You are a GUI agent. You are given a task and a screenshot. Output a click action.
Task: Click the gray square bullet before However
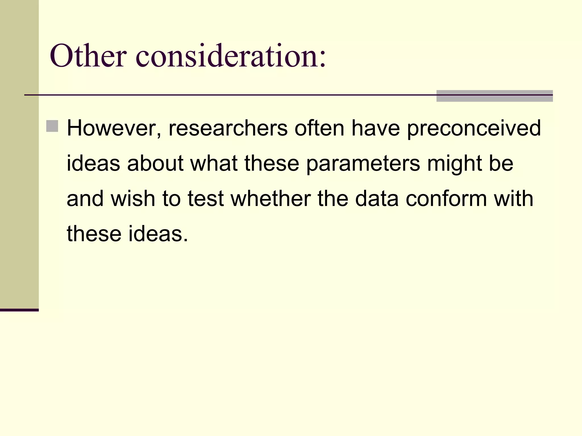pyautogui.click(x=52, y=126)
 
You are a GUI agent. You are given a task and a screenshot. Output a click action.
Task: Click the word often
pyautogui.click(x=319, y=128)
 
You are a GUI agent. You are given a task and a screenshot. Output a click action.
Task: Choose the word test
pyautogui.click(x=205, y=199)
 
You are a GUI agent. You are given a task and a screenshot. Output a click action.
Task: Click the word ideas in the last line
pyautogui.click(x=158, y=234)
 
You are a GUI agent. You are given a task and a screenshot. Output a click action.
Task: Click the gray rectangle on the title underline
pyautogui.click(x=494, y=96)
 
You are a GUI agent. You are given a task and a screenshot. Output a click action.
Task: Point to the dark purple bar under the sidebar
pyautogui.click(x=19, y=310)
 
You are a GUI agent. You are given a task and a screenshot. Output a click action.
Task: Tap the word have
pyautogui.click(x=376, y=128)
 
